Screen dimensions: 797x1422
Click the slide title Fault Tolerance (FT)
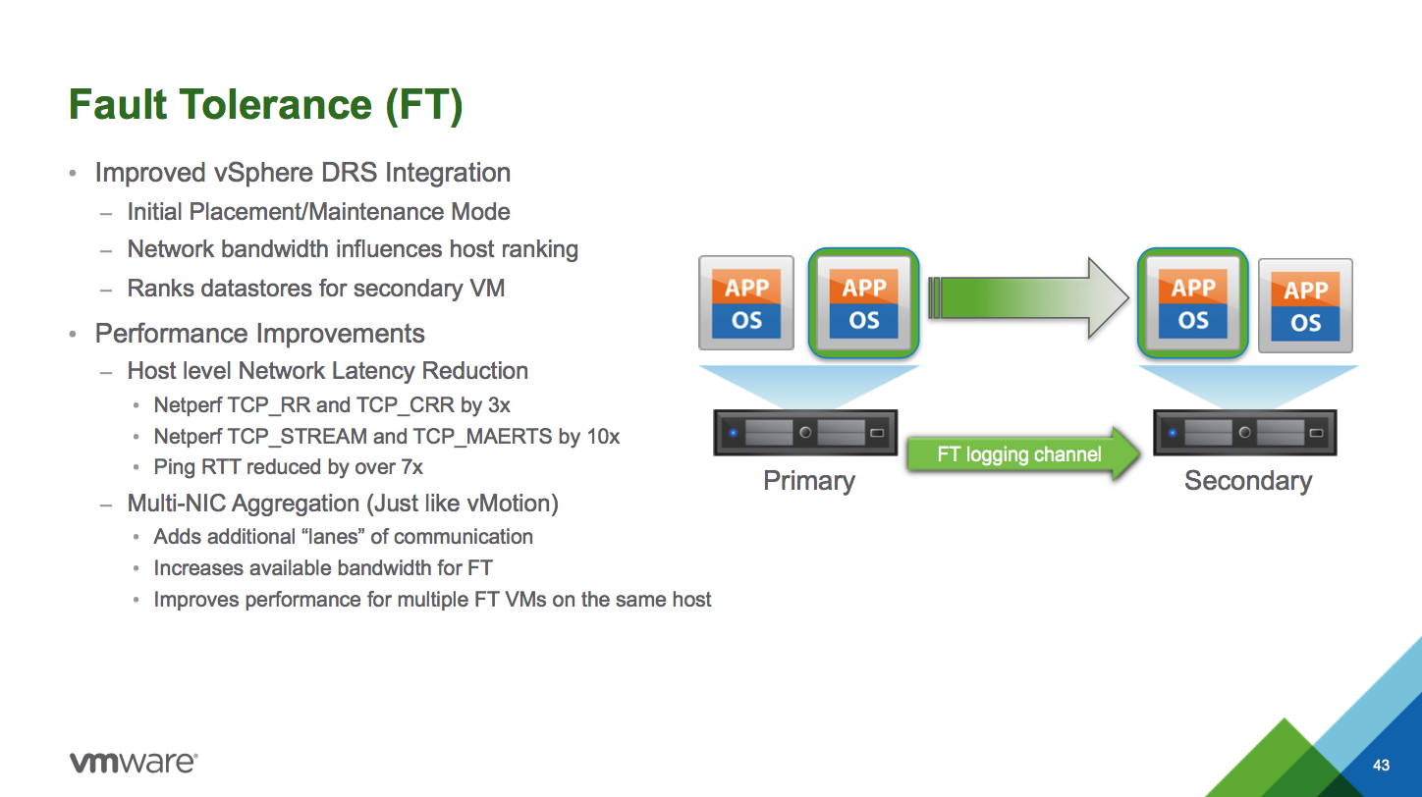click(x=265, y=105)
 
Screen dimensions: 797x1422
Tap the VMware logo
click(x=134, y=763)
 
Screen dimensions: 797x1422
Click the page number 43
click(x=1382, y=765)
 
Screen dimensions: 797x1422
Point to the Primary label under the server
click(x=808, y=481)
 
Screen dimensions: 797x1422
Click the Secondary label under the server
click(x=1247, y=481)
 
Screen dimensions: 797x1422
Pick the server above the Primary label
click(x=805, y=432)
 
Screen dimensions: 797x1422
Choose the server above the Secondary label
click(x=1243, y=432)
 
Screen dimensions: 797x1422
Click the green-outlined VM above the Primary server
click(x=863, y=302)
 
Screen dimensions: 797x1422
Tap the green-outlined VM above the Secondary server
click(x=1192, y=302)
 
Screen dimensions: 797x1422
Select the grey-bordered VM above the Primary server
click(x=746, y=303)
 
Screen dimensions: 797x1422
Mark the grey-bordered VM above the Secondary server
click(x=1305, y=305)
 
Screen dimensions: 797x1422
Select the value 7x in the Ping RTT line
click(x=410, y=467)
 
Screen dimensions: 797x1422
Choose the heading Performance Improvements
click(x=259, y=334)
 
